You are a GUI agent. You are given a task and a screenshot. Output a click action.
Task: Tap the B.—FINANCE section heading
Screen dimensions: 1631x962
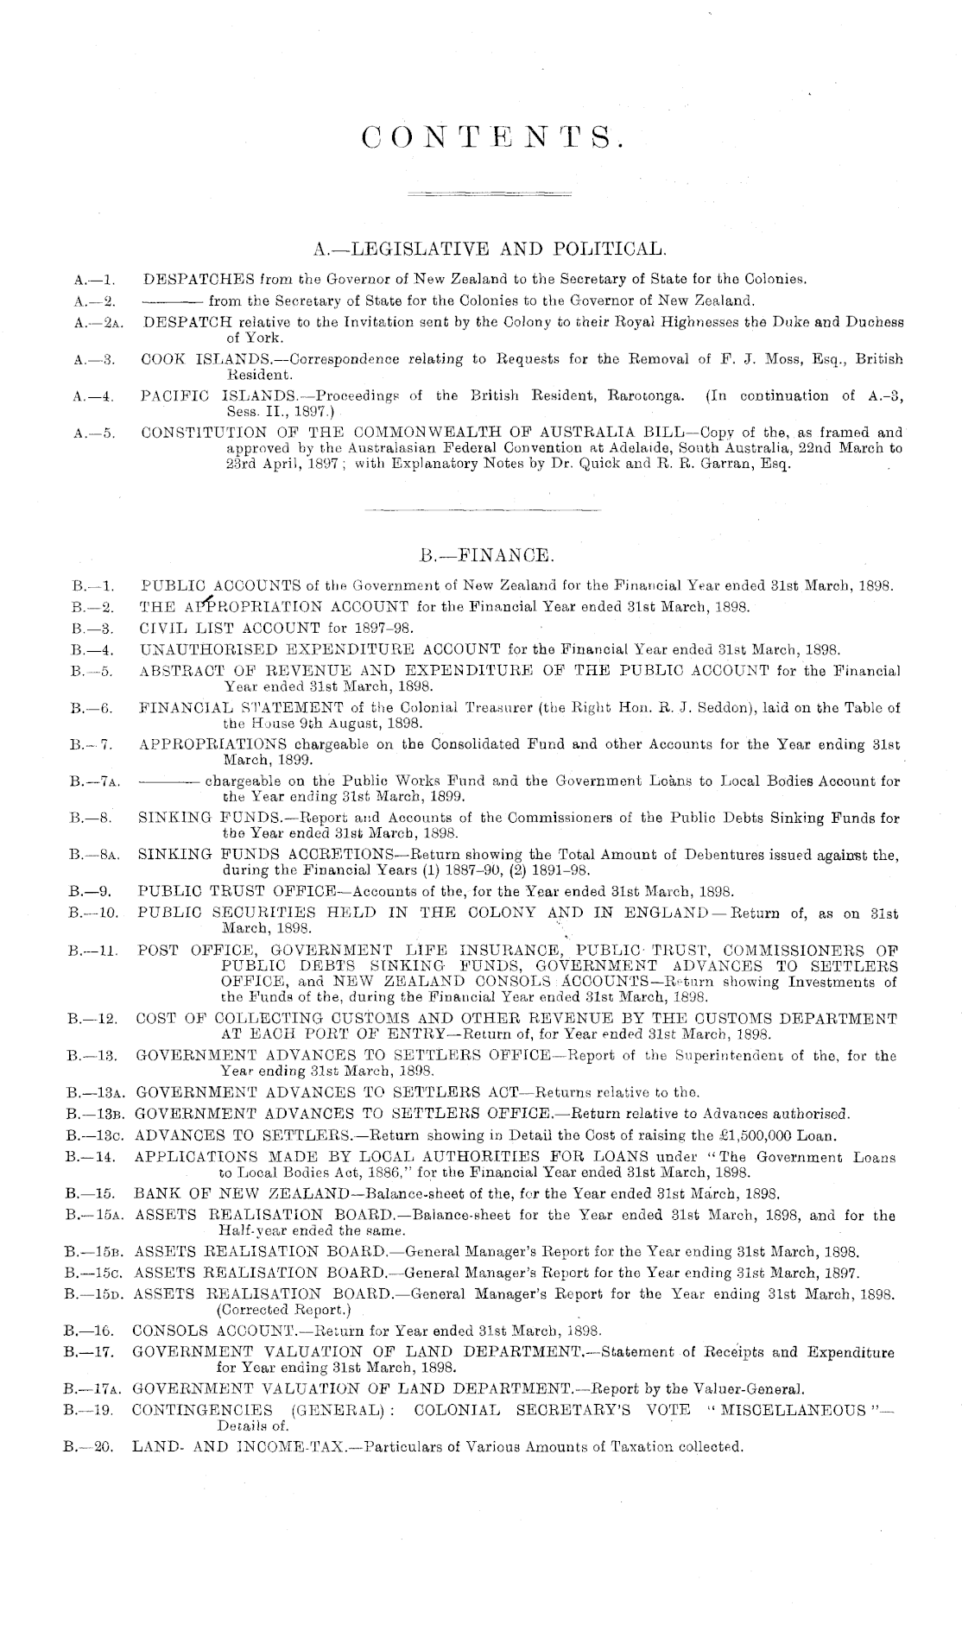483,553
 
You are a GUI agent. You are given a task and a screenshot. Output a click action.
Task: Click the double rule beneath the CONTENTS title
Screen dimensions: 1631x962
489,191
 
